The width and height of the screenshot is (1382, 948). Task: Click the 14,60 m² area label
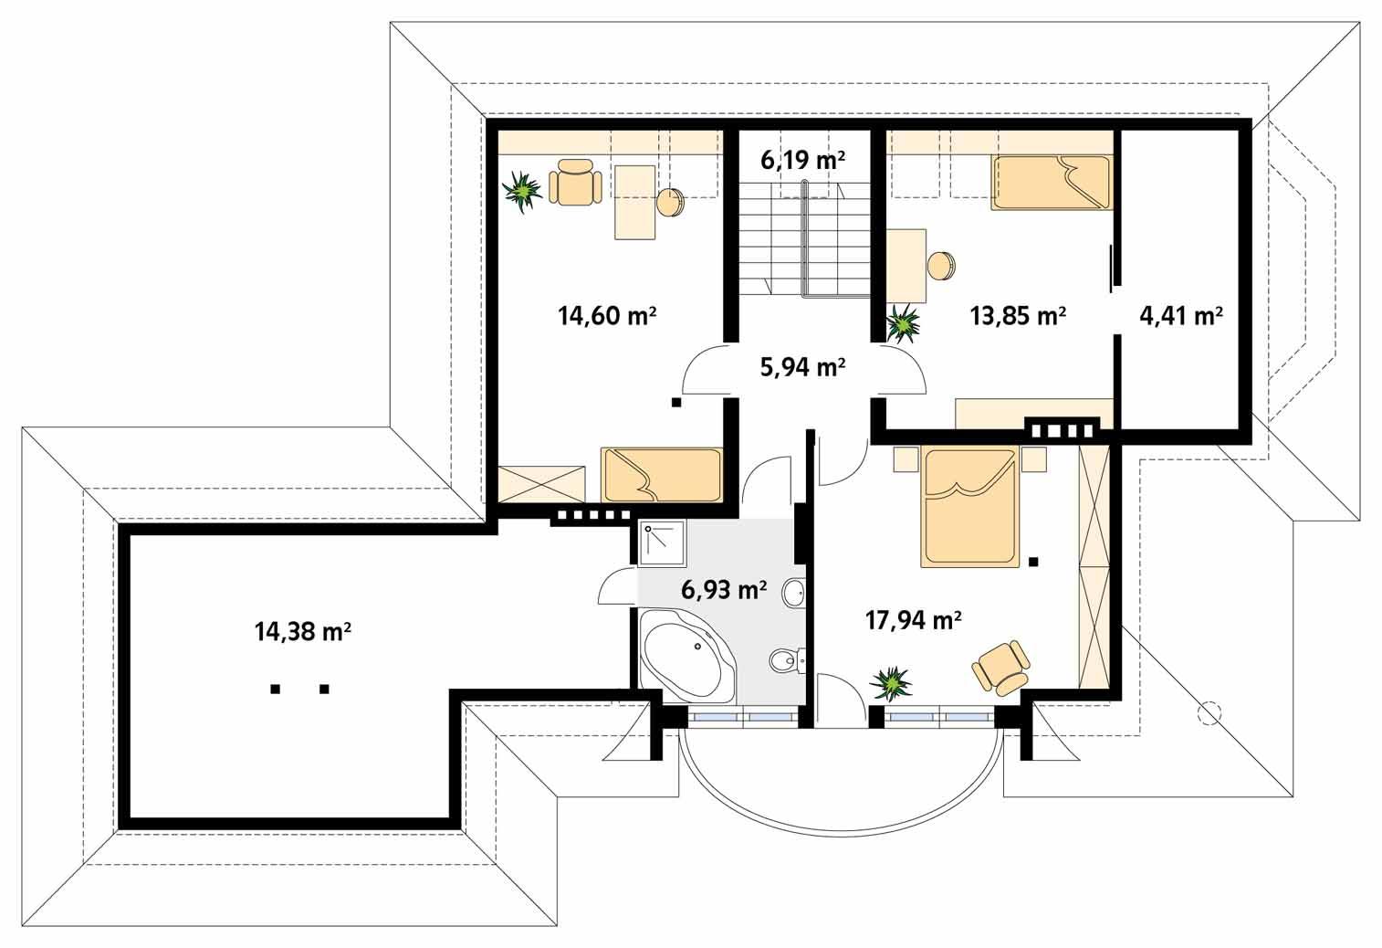click(x=607, y=316)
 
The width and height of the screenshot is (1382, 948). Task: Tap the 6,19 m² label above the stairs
click(x=802, y=161)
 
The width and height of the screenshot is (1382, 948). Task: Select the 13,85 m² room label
click(x=1018, y=316)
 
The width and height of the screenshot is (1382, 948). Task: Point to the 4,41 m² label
click(x=1181, y=316)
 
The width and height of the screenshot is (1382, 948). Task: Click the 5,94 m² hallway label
click(x=802, y=367)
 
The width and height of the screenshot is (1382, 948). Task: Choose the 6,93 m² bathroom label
click(x=723, y=590)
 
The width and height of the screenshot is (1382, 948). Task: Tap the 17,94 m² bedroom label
click(x=913, y=621)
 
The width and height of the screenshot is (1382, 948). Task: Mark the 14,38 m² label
click(x=303, y=631)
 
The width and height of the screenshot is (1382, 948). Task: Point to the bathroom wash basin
click(x=792, y=593)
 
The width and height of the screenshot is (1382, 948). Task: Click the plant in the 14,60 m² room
click(x=522, y=192)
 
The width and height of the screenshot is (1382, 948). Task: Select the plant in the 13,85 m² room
click(x=904, y=323)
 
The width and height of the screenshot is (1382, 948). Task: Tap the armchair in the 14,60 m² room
click(x=574, y=183)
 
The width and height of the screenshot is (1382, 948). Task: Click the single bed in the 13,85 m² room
click(x=1052, y=183)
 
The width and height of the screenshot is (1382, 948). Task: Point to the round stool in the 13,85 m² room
click(x=940, y=266)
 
